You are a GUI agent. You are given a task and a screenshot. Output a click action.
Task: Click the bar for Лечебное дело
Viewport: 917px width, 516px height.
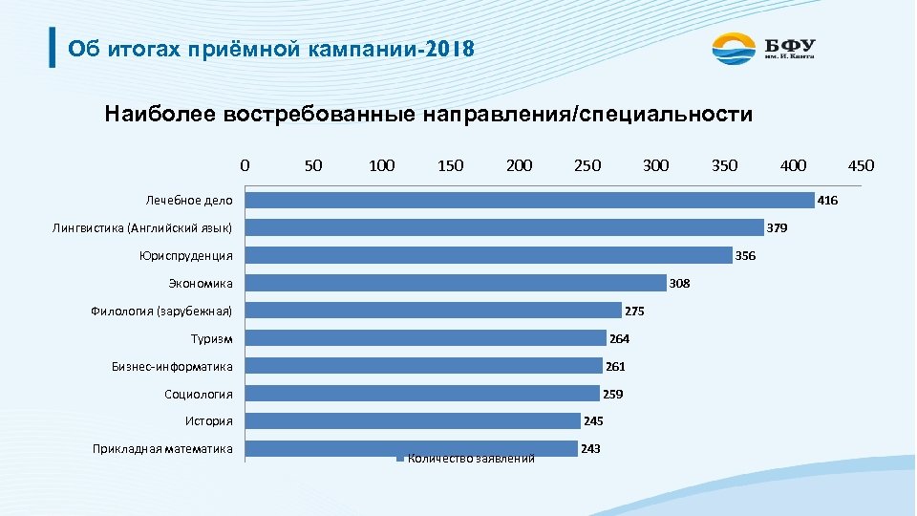coord(529,200)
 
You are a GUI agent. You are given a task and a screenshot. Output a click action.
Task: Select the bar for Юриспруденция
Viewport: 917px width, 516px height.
coord(488,255)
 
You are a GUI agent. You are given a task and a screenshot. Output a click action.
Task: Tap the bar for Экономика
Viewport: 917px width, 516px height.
coord(456,283)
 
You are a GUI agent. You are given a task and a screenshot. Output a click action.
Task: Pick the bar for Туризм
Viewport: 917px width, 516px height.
coord(425,338)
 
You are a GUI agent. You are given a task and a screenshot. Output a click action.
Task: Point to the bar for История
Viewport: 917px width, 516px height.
coord(413,420)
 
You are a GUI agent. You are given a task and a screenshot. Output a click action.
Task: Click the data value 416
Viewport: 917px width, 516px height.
coord(828,201)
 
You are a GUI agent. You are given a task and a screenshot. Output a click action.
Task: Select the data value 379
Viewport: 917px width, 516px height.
coord(778,228)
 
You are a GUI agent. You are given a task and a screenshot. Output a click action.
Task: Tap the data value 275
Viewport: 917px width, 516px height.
coord(635,311)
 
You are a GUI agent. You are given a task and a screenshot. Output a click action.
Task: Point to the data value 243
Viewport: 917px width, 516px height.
coord(590,448)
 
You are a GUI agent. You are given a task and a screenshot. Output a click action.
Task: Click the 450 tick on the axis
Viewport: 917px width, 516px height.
coord(861,165)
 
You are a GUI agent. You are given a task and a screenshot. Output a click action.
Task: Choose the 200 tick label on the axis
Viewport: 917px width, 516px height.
coord(519,165)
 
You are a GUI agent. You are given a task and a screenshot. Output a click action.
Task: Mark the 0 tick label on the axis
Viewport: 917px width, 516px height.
coord(245,165)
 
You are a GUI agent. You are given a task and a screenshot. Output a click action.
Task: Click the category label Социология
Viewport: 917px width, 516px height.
coord(199,394)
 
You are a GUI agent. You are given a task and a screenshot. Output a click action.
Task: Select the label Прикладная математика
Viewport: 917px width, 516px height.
coord(162,448)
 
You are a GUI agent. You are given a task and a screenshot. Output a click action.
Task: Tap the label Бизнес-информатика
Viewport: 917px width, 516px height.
coord(172,366)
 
